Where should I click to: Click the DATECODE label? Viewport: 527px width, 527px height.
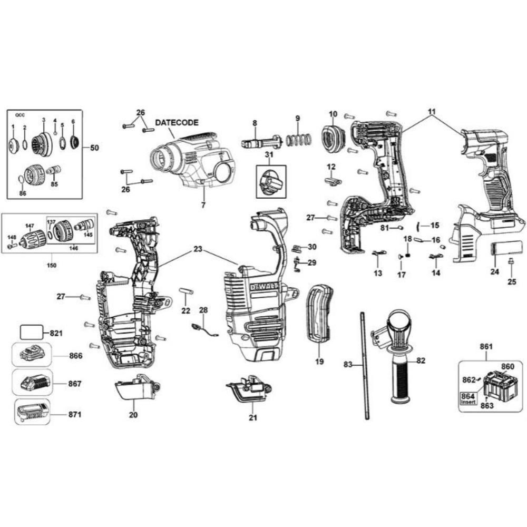[177, 122]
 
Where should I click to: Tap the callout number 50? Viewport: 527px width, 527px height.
[94, 148]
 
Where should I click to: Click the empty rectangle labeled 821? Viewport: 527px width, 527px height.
[32, 333]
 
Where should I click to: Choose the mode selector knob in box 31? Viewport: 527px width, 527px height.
[270, 182]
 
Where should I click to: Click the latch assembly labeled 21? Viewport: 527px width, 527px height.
[251, 391]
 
